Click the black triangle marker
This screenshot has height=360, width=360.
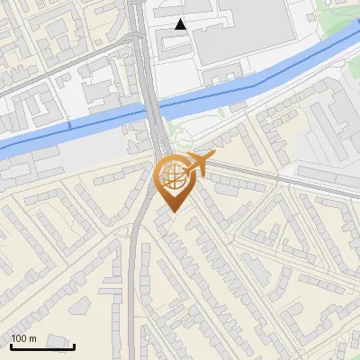pyautogui.click(x=181, y=24)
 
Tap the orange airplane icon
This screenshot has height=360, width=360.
pyautogui.click(x=202, y=162)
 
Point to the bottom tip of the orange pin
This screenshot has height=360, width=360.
pyautogui.click(x=172, y=211)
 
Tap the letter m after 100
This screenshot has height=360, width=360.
pyautogui.click(x=32, y=337)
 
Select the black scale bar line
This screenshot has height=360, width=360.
pyautogui.click(x=41, y=346)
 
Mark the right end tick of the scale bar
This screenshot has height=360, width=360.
pyautogui.click(x=74, y=345)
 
